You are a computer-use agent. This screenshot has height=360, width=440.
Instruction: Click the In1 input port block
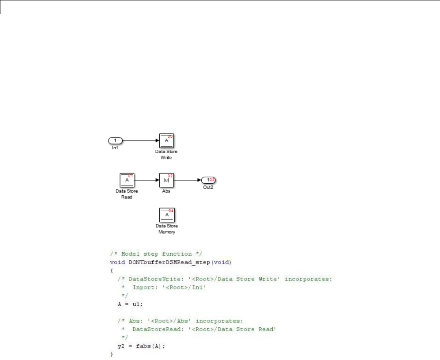tap(115, 141)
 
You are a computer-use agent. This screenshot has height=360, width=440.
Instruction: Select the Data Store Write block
tap(166, 140)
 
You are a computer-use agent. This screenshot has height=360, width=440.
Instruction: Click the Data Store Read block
tap(127, 180)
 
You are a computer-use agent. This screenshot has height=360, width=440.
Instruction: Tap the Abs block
tap(166, 180)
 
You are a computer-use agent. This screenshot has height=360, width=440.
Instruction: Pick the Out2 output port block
tap(208, 180)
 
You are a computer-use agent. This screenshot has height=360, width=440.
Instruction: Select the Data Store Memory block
tap(166, 215)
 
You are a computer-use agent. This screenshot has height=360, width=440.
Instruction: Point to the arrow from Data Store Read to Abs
tap(147, 180)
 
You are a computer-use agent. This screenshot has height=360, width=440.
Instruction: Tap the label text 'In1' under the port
tap(115, 148)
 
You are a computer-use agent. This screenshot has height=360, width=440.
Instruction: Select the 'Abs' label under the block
tap(166, 191)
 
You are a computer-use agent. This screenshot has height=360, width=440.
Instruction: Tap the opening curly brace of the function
tap(112, 270)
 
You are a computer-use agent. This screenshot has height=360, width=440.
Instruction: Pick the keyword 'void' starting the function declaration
tap(117, 262)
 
